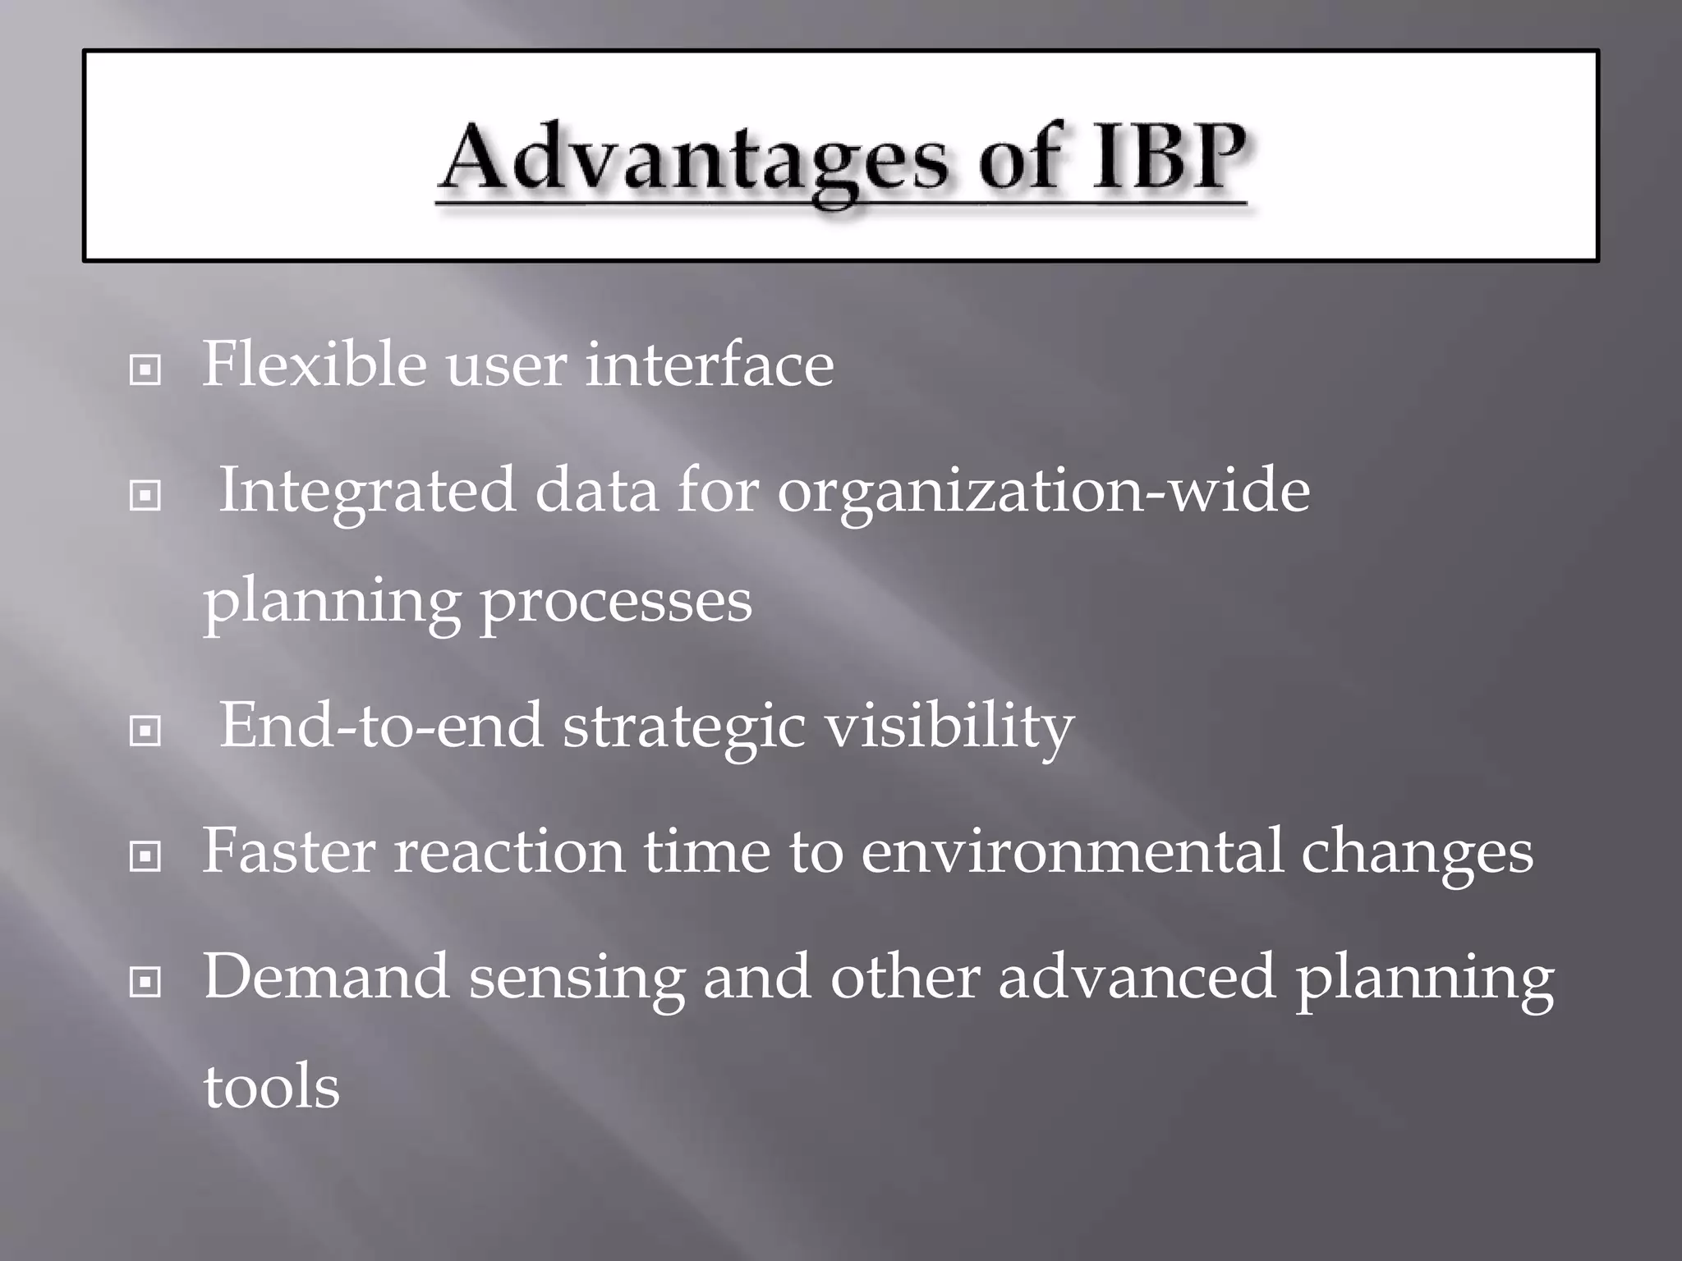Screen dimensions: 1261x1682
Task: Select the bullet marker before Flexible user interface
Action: pyautogui.click(x=145, y=370)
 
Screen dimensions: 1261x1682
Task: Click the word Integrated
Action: pyautogui.click(x=367, y=491)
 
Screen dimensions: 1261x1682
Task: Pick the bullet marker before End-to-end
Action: pyautogui.click(x=145, y=731)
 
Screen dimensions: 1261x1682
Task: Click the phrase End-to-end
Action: pyautogui.click(x=381, y=726)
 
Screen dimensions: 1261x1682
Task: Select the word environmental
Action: pyautogui.click(x=1071, y=851)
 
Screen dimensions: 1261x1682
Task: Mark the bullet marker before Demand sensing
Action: pyautogui.click(x=145, y=981)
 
